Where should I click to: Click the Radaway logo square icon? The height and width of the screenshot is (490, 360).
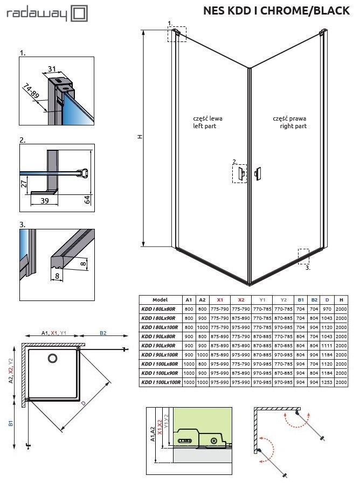pos(79,13)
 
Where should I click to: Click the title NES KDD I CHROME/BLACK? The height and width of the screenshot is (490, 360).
pos(276,10)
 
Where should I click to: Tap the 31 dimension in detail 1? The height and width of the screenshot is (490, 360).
pos(52,69)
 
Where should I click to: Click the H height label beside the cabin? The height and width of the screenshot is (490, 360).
pos(140,137)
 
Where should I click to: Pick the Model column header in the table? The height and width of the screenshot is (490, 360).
pos(160,300)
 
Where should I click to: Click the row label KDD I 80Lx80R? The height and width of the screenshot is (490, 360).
pos(160,309)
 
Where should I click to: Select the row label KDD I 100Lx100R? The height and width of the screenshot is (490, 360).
pos(160,382)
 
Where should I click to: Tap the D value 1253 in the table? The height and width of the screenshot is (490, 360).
pos(327,382)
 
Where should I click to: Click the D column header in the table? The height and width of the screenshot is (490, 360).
pos(327,300)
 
